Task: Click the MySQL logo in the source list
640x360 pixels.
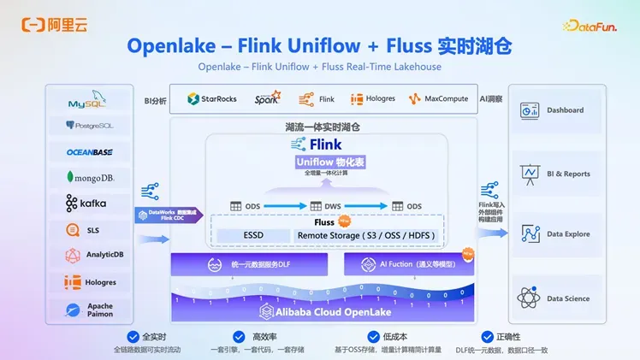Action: pos(89,102)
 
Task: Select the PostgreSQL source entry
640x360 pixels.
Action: pos(89,126)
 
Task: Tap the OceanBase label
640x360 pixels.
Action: pos(89,152)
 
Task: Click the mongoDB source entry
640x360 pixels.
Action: pos(89,178)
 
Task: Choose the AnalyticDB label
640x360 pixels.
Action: pos(94,255)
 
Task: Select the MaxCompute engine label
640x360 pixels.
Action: pos(439,98)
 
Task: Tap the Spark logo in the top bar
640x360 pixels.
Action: pos(267,98)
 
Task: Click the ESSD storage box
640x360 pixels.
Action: pos(252,235)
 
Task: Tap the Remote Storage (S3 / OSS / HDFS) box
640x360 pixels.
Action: pos(365,235)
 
